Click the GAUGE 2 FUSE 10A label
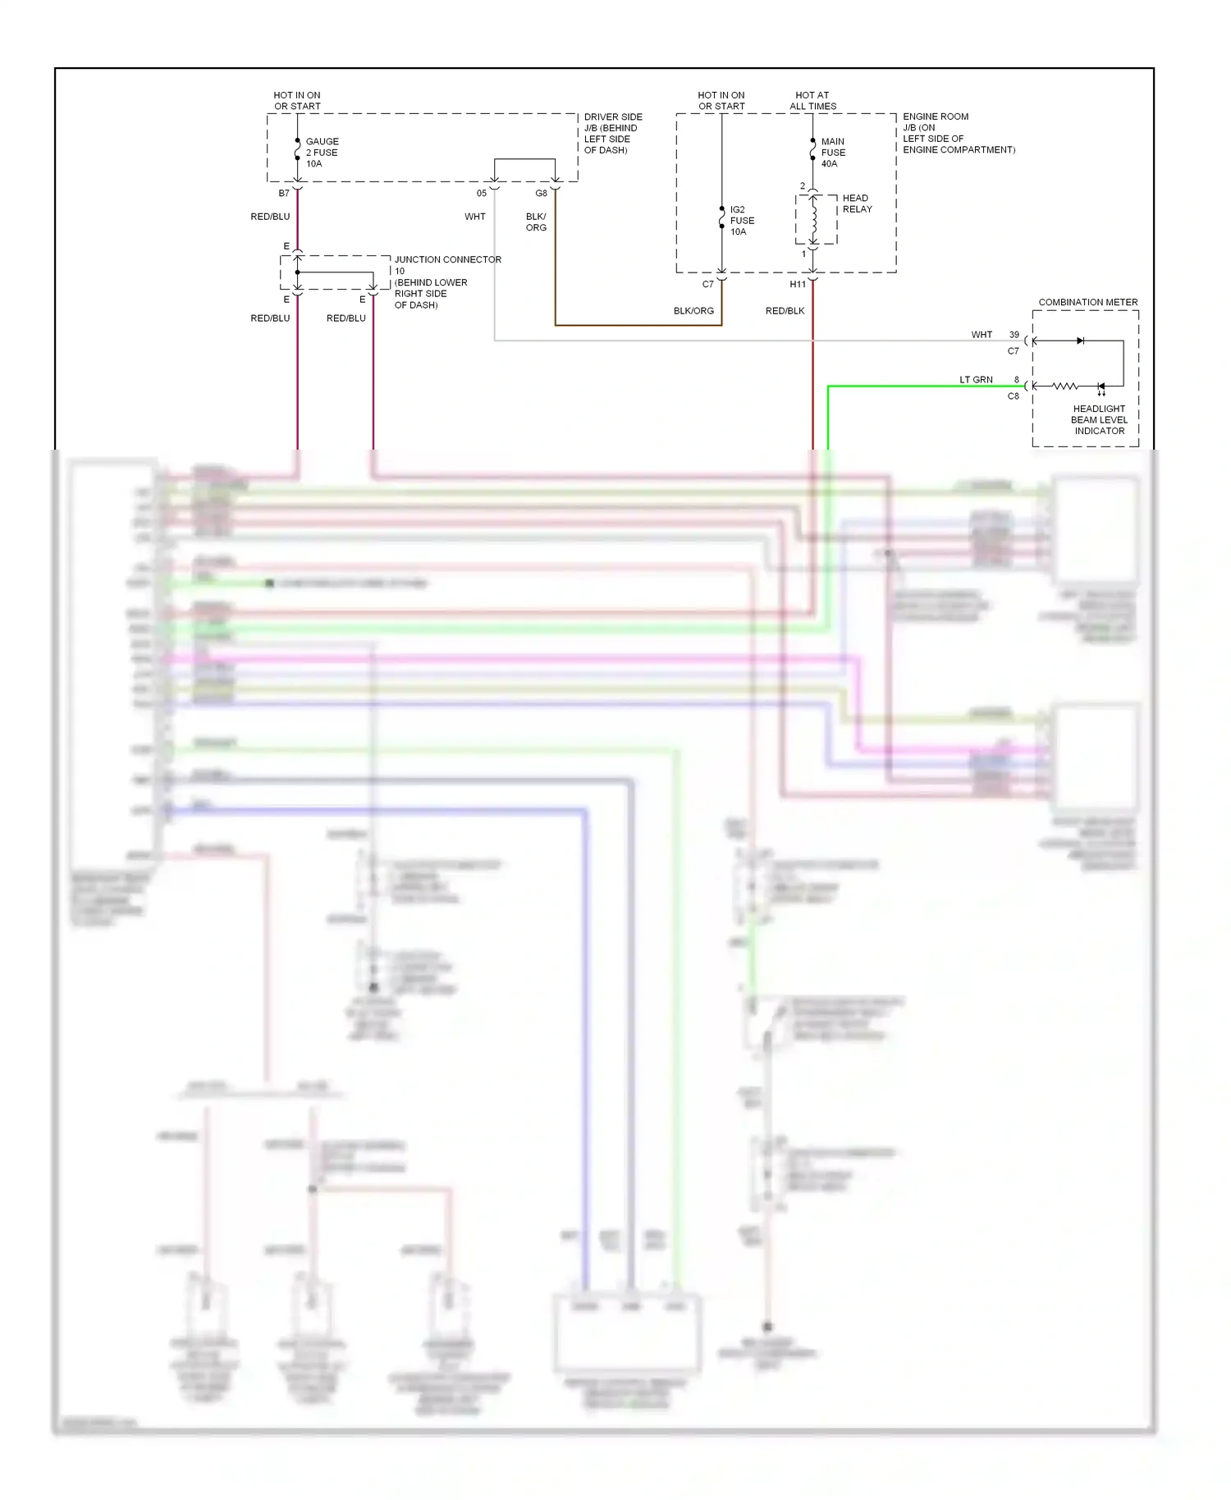(x=322, y=153)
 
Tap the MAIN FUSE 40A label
(x=833, y=153)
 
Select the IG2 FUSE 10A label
(x=742, y=221)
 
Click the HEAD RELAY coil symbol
(x=814, y=218)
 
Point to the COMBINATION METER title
(x=1087, y=302)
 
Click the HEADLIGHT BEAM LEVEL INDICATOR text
(x=1099, y=419)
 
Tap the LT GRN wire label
(x=976, y=380)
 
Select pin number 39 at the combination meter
(x=1014, y=335)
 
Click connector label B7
(x=284, y=194)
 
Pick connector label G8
(x=541, y=194)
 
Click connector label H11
(x=798, y=285)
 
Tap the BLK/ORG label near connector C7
(x=693, y=311)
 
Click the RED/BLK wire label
(x=785, y=311)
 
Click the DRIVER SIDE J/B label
(x=612, y=133)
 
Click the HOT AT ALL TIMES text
(x=812, y=101)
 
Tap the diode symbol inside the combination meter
(x=1080, y=341)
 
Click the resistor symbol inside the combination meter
(x=1064, y=386)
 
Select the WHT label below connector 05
(x=474, y=217)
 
